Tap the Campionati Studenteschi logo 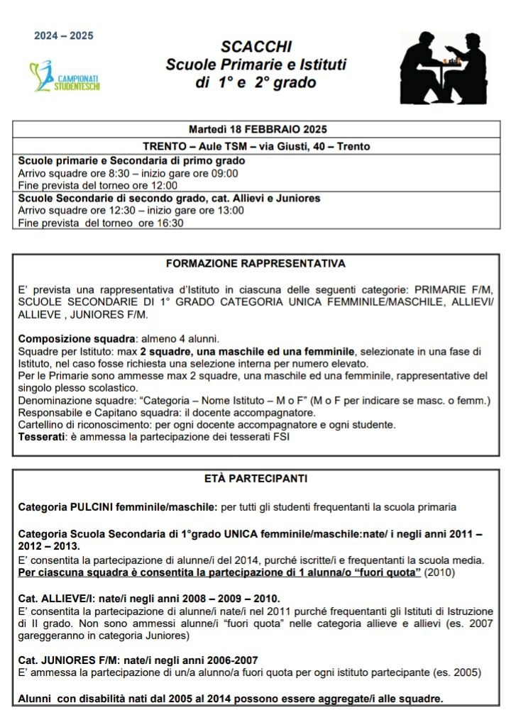click(65, 76)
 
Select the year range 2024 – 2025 click(64, 36)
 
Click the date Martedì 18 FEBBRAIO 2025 click(257, 129)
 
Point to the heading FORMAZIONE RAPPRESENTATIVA click(255, 263)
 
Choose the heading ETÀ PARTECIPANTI click(255, 480)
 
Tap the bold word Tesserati click(41, 436)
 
